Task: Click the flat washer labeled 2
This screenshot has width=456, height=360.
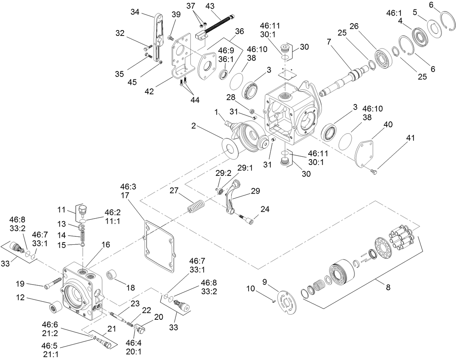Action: [230, 148]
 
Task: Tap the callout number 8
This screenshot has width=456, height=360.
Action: [388, 288]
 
